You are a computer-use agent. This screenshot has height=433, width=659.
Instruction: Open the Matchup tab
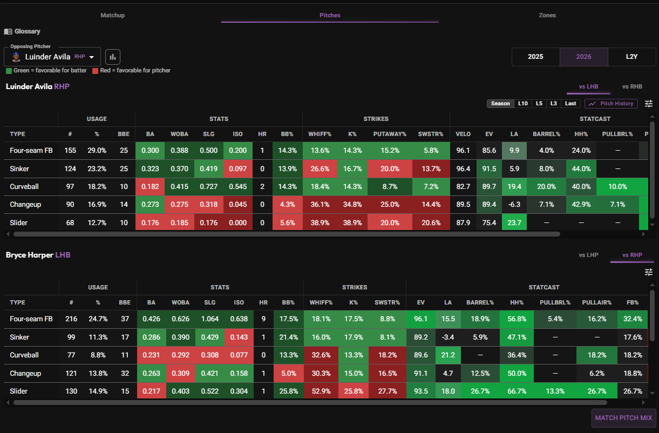(112, 15)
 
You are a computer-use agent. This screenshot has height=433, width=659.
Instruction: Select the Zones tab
(547, 15)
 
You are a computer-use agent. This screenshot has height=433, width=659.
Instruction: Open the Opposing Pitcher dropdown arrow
(92, 57)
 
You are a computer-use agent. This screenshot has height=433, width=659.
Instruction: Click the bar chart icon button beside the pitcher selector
(113, 57)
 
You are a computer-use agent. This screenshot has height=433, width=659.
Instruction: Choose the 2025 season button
(535, 57)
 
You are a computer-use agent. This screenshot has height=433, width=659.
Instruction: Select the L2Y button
(631, 57)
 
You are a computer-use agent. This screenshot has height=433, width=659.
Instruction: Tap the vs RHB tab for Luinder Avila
(632, 86)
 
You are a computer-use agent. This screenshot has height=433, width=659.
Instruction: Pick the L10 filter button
(523, 104)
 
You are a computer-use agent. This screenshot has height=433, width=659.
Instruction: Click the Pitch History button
(611, 104)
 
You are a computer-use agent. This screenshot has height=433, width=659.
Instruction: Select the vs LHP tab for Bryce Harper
(588, 255)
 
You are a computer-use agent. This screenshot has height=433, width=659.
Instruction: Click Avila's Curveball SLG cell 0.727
(208, 187)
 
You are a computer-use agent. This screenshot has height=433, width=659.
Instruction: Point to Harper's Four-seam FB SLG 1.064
(210, 319)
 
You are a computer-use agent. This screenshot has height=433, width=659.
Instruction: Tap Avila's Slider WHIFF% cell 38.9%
(320, 222)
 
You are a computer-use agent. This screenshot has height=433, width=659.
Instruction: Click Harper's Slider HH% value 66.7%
(517, 391)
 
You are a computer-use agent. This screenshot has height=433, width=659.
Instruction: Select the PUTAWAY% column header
(390, 134)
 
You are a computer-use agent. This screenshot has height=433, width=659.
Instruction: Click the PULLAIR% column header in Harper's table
(596, 302)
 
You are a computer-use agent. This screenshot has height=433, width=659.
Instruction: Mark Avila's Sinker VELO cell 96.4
(463, 168)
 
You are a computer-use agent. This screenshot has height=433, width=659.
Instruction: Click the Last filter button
(570, 104)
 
